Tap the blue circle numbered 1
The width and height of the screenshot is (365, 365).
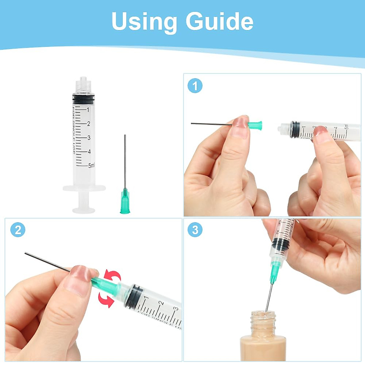pyautogui.click(x=195, y=86)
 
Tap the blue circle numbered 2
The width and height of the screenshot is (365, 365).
pyautogui.click(x=18, y=230)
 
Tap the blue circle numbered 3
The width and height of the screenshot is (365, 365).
pyautogui.click(x=195, y=230)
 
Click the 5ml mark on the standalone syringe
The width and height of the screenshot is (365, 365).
pyautogui.click(x=91, y=165)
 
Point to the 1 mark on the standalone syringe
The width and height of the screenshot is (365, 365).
pyautogui.click(x=88, y=110)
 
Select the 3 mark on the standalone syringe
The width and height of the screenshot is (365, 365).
pyautogui.click(x=89, y=138)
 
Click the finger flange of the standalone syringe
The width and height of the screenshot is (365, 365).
pyautogui.click(x=84, y=188)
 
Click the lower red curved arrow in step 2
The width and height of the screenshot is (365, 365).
pyautogui.click(x=106, y=299)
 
